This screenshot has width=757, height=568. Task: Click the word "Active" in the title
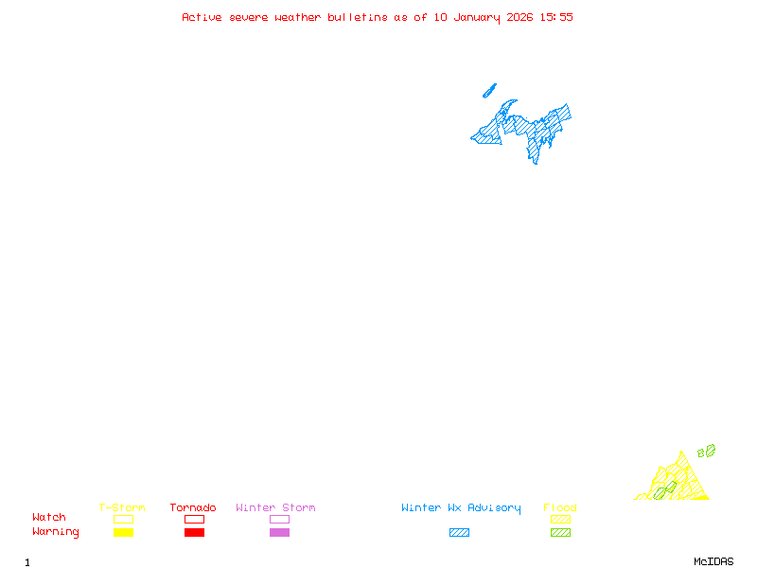pyautogui.click(x=202, y=17)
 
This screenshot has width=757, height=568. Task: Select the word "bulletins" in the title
pyautogui.click(x=357, y=17)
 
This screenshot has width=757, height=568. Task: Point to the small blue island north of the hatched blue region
pyautogui.click(x=489, y=91)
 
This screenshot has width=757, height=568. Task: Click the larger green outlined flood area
pyautogui.click(x=709, y=451)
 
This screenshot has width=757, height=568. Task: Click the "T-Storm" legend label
pyautogui.click(x=122, y=508)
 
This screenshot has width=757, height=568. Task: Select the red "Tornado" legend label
pyautogui.click(x=193, y=508)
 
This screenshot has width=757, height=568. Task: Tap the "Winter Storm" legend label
pyautogui.click(x=275, y=508)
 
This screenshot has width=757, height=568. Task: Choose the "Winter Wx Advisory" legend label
pyautogui.click(x=461, y=508)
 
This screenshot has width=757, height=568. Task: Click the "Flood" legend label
pyautogui.click(x=560, y=508)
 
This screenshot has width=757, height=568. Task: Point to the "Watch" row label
pyautogui.click(x=49, y=518)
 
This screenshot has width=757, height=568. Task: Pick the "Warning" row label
pyautogui.click(x=56, y=532)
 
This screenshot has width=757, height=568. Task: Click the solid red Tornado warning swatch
pyautogui.click(x=194, y=533)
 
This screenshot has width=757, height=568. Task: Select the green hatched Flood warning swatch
pyautogui.click(x=560, y=533)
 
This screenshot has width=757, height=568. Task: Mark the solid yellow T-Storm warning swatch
pyautogui.click(x=123, y=533)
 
